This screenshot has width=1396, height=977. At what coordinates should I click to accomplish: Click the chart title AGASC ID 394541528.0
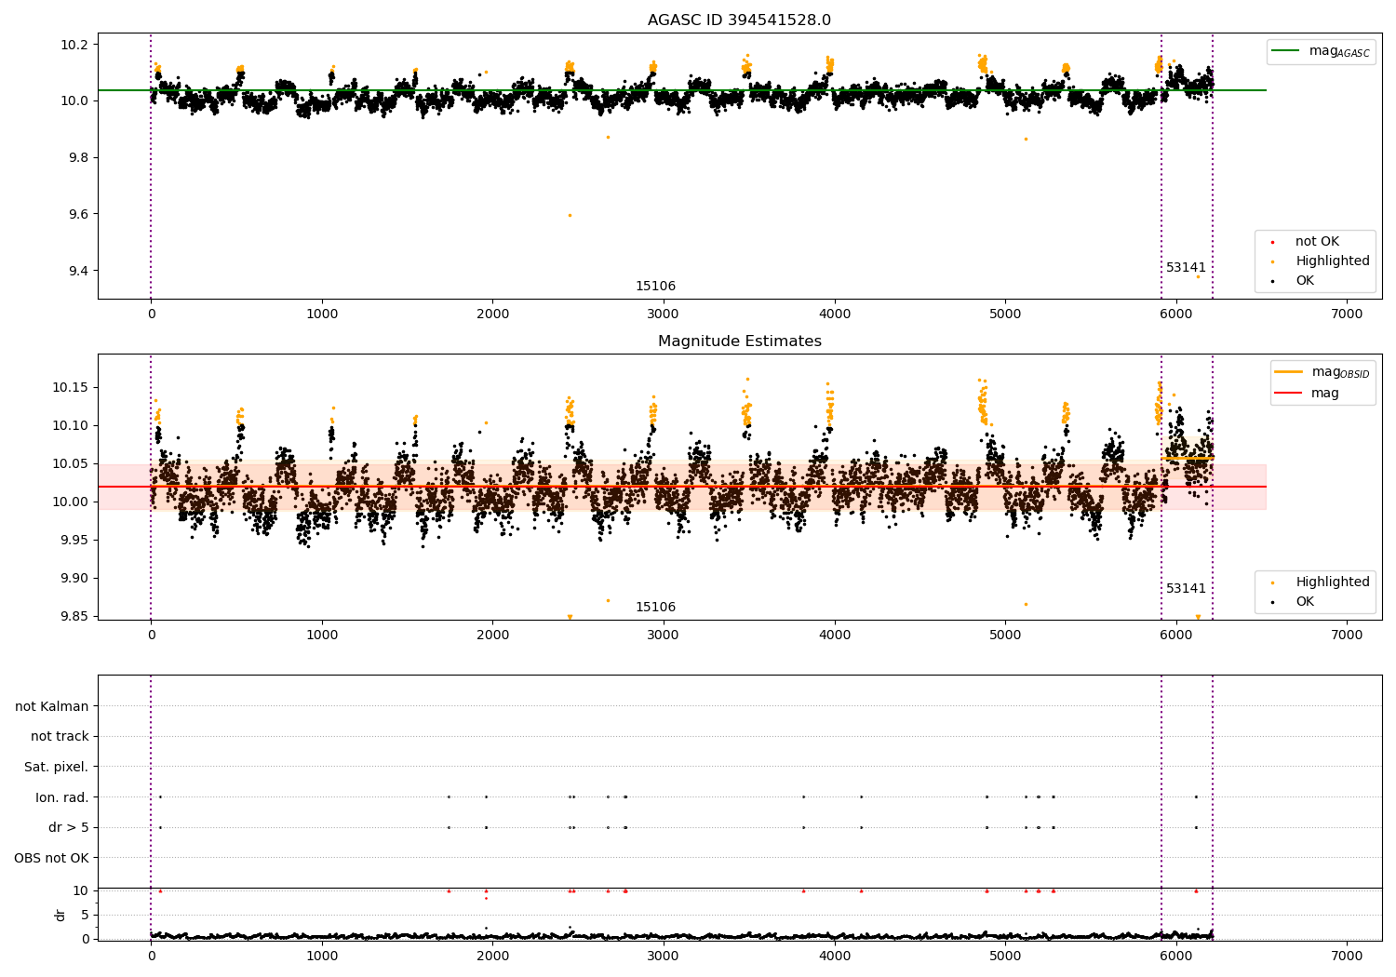click(739, 20)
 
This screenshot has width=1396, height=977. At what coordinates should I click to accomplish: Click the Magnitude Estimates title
click(739, 341)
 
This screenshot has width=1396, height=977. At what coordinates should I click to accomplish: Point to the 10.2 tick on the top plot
click(74, 45)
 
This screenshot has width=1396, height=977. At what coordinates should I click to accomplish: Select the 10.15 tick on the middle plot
click(71, 387)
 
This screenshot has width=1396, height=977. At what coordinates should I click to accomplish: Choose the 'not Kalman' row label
click(52, 706)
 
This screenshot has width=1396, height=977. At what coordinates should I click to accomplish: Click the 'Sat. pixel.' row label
click(56, 767)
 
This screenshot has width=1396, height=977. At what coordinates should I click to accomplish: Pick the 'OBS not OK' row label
click(51, 858)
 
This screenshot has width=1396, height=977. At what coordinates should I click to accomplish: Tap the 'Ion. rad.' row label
click(61, 797)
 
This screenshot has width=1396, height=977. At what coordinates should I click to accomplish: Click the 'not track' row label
click(60, 737)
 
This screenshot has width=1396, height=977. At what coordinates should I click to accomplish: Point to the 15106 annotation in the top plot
click(655, 287)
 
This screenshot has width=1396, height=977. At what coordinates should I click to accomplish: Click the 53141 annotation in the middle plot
click(1186, 589)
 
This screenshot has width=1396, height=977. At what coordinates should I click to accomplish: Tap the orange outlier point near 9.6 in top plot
click(570, 215)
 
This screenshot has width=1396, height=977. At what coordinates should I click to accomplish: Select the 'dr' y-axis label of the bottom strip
click(60, 915)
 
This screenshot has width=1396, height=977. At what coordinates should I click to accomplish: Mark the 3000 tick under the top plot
click(664, 314)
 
